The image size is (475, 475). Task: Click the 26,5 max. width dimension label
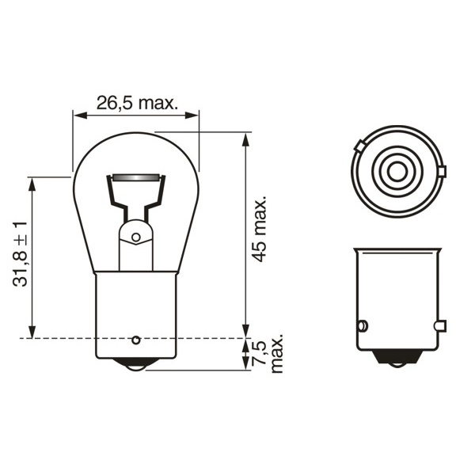click(137, 103)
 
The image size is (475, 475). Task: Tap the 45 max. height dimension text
click(259, 229)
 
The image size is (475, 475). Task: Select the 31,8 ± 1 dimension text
click(21, 254)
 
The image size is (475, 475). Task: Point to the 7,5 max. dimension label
click(268, 353)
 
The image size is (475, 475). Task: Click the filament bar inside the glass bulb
click(135, 177)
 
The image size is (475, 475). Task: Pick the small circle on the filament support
click(136, 237)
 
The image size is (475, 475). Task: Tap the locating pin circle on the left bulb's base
click(136, 340)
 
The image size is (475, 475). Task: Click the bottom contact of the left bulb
click(135, 364)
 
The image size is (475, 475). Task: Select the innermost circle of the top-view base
click(397, 172)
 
